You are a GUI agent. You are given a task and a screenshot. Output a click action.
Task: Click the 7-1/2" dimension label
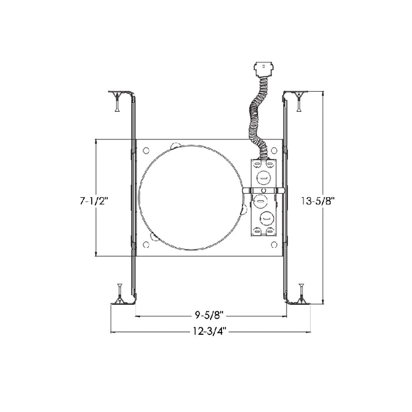click(x=94, y=201)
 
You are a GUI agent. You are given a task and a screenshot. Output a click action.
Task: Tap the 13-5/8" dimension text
click(x=317, y=201)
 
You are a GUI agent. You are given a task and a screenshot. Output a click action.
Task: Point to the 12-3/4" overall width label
click(x=209, y=331)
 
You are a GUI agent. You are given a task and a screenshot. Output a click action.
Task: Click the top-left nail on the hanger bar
click(x=116, y=104)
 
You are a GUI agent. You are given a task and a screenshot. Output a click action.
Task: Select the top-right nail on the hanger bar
click(x=300, y=104)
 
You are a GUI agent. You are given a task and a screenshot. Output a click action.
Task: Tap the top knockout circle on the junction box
click(x=263, y=178)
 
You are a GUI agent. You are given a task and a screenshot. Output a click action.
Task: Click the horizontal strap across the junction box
click(x=264, y=191)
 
